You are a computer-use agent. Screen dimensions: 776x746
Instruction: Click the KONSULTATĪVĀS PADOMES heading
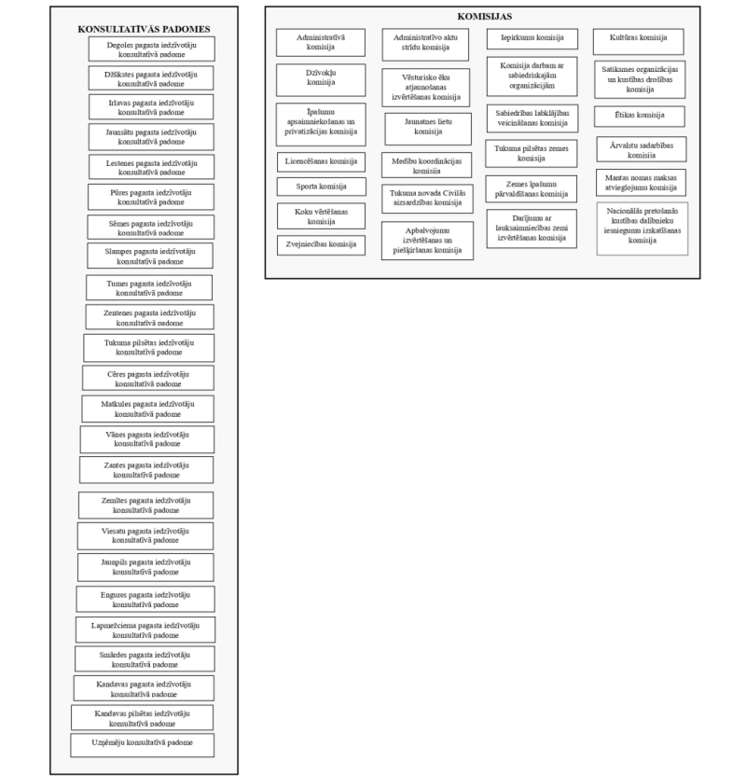(144, 30)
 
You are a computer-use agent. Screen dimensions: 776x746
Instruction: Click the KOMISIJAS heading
(485, 17)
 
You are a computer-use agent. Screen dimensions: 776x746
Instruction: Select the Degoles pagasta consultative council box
(145, 49)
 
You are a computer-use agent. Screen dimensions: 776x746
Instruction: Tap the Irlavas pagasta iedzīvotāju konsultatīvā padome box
(145, 106)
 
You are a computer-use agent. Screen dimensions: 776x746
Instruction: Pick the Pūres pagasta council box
(145, 197)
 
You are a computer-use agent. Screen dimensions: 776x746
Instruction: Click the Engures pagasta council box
(145, 599)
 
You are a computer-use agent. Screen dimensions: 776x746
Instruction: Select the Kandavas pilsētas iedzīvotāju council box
(143, 717)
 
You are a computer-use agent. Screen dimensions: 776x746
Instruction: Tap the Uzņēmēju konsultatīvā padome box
(142, 744)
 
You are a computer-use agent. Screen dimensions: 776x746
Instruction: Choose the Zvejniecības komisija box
(321, 245)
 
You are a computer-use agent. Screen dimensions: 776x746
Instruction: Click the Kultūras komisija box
(638, 38)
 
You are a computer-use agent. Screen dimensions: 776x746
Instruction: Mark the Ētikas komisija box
(640, 116)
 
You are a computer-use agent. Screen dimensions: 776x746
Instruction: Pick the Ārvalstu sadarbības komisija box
(642, 149)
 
